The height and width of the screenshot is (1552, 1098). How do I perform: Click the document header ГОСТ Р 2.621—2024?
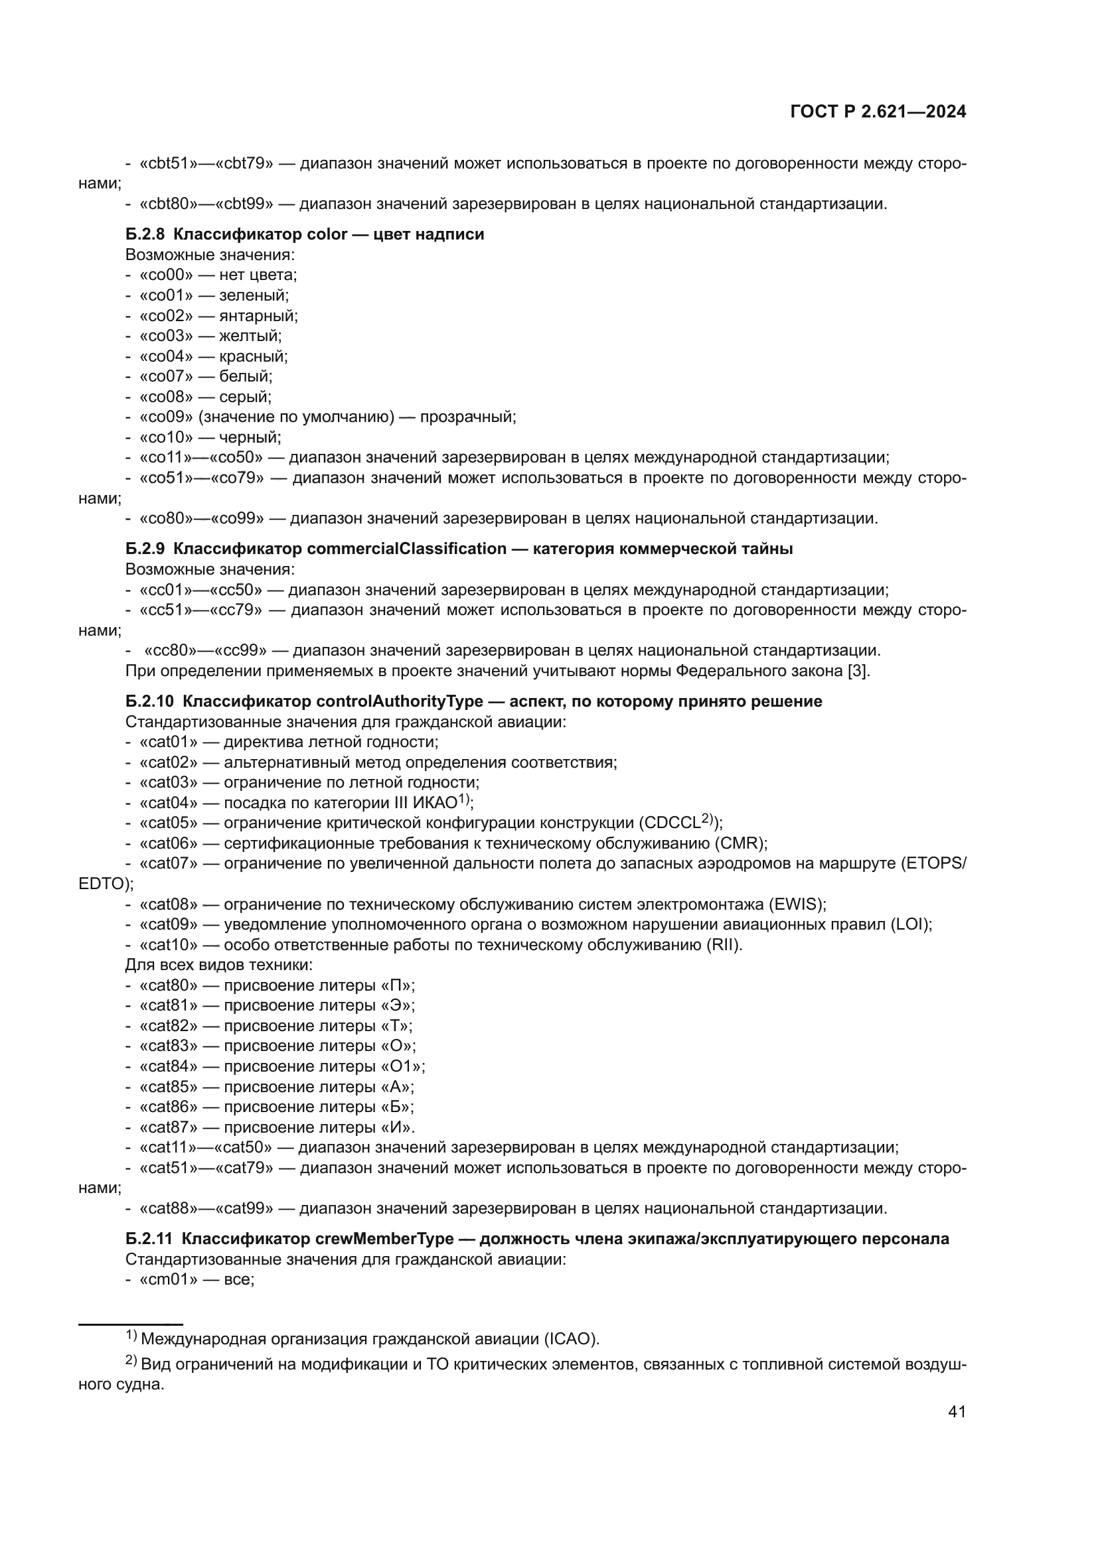(x=878, y=112)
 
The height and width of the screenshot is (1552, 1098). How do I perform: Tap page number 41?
(x=957, y=1411)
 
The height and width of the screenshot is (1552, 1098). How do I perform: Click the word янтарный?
(x=258, y=316)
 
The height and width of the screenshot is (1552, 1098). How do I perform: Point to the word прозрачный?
(x=467, y=417)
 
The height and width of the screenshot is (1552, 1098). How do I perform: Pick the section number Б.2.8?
(x=145, y=234)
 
